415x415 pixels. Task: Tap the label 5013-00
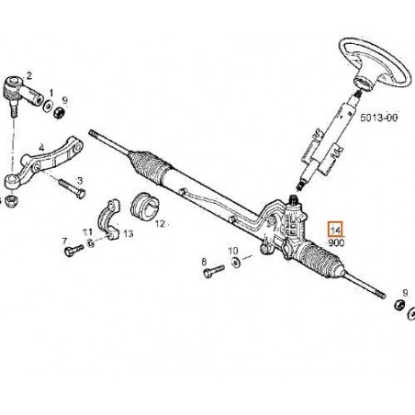pyautogui.click(x=379, y=118)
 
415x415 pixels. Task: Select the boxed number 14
pyautogui.click(x=336, y=230)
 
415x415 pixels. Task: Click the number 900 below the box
pyautogui.click(x=336, y=243)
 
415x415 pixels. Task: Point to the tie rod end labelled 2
pyautogui.click(x=22, y=92)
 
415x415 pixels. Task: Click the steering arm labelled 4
pyautogui.click(x=43, y=163)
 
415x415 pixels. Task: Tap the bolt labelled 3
pyautogui.click(x=72, y=188)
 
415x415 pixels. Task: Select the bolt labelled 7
pyautogui.click(x=73, y=250)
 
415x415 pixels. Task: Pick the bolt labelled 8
pyautogui.click(x=214, y=271)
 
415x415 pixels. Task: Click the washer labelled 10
pyautogui.click(x=236, y=263)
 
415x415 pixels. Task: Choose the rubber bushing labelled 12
pyautogui.click(x=144, y=206)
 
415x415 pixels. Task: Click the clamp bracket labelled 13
pyautogui.click(x=109, y=219)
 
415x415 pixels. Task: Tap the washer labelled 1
pyautogui.click(x=49, y=106)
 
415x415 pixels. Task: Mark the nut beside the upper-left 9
pyautogui.click(x=58, y=113)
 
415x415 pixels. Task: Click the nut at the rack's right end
pyautogui.click(x=399, y=305)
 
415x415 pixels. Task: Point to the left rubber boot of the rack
pyautogui.click(x=150, y=167)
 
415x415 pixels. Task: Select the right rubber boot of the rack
pyautogui.click(x=320, y=260)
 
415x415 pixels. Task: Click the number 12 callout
pyautogui.click(x=160, y=224)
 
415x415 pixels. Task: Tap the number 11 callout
pyautogui.click(x=87, y=232)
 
